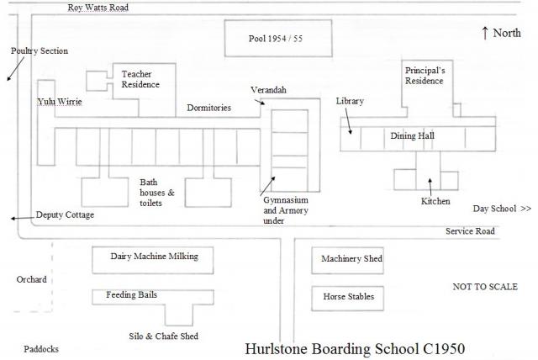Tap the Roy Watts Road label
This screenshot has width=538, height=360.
click(98, 8)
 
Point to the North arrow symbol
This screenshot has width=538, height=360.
click(484, 34)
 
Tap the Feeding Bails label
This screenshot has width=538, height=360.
click(131, 294)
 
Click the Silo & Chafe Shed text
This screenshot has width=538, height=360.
click(163, 336)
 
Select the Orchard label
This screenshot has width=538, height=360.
click(32, 279)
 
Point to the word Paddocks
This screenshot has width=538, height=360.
click(41, 349)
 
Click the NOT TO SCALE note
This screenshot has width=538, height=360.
click(485, 287)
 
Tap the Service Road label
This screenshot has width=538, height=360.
click(470, 231)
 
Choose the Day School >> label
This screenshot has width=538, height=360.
click(502, 209)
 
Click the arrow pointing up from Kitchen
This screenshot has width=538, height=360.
click(430, 187)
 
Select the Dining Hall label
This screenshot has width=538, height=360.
click(413, 136)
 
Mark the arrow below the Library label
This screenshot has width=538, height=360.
click(348, 121)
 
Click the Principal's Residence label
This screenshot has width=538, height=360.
click(425, 76)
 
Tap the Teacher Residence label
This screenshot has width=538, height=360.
click(140, 79)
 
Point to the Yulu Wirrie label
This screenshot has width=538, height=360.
click(60, 102)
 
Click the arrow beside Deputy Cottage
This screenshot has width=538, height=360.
click(23, 218)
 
